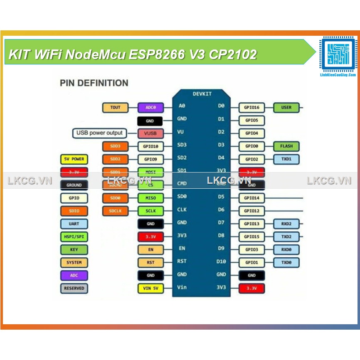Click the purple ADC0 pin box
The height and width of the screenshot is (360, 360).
tap(150, 108)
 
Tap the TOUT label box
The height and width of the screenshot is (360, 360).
tap(115, 108)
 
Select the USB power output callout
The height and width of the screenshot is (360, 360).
tap(99, 133)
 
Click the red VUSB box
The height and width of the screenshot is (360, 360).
tap(150, 133)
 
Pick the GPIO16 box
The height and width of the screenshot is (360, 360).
tap(252, 108)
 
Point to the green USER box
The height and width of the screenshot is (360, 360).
tap(286, 108)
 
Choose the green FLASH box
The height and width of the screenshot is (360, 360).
tap(286, 146)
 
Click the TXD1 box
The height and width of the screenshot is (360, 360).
tap(286, 159)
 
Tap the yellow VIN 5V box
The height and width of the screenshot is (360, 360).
tap(150, 288)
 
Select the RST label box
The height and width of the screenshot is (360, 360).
tap(150, 262)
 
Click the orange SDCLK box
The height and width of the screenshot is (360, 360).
tap(115, 211)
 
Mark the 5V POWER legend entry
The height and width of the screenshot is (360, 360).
tap(74, 159)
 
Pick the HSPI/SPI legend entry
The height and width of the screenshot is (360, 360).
tap(74, 237)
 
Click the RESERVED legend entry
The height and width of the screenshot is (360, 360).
tap(74, 288)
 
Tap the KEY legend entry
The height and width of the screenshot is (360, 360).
tap(74, 249)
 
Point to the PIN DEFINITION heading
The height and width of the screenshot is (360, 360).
tap(94, 83)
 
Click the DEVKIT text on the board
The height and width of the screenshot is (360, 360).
tap(202, 94)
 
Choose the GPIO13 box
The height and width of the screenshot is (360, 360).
tap(252, 224)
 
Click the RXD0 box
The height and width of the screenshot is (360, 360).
tap(286, 249)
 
